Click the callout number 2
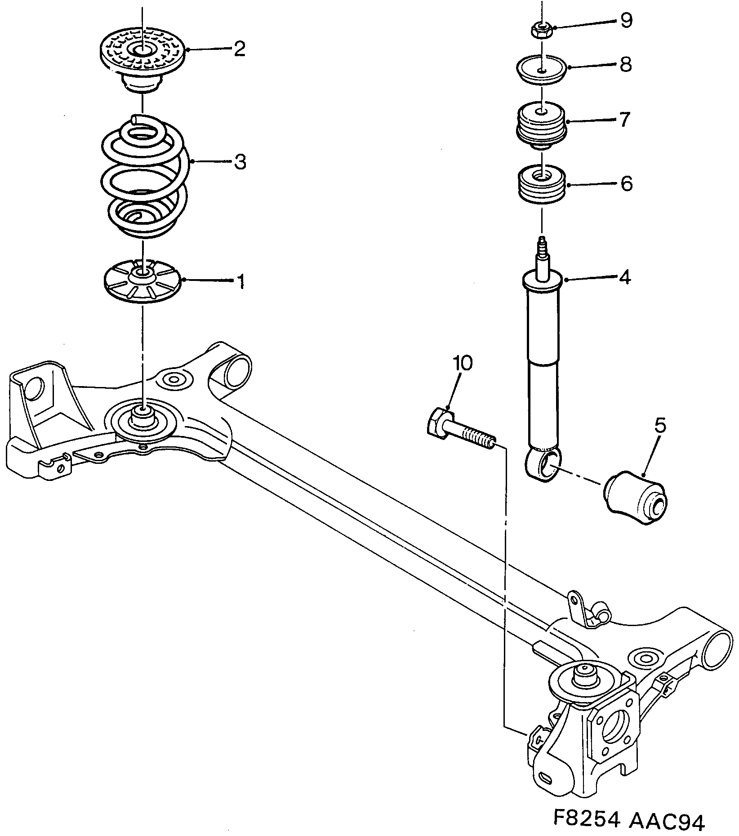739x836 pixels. pyautogui.click(x=239, y=49)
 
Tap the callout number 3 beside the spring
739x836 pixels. pyautogui.click(x=240, y=162)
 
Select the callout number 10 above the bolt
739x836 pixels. pyautogui.click(x=463, y=363)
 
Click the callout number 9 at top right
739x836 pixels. pyautogui.click(x=626, y=21)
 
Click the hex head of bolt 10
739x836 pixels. pyautogui.click(x=437, y=421)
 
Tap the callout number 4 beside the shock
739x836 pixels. pyautogui.click(x=625, y=277)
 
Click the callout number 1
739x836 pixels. pyautogui.click(x=240, y=282)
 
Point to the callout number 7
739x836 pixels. pyautogui.click(x=625, y=120)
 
